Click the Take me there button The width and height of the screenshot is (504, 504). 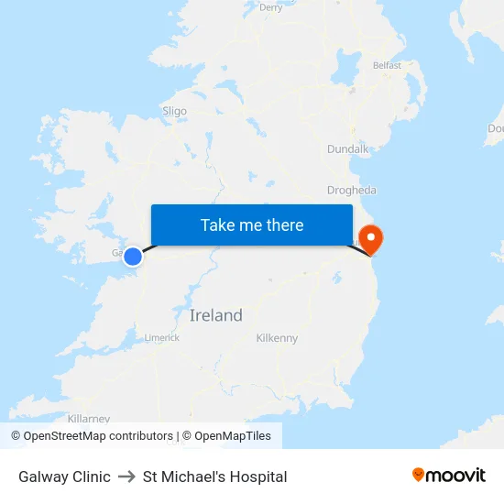pos(252,225)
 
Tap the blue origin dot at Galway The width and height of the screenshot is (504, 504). pos(133,257)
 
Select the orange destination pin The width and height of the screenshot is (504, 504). pos(372,238)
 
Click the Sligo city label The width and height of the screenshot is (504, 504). pos(174,112)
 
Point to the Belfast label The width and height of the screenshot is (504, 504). pos(387,65)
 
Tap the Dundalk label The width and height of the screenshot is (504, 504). pos(347,148)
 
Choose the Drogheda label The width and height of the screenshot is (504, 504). pos(352,191)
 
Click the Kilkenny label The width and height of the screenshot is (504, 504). pos(277,338)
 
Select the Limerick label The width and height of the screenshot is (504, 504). pos(162,338)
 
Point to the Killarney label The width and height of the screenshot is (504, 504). pos(88,418)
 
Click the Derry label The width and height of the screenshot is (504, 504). pos(270,7)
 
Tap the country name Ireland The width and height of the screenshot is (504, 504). pos(216,315)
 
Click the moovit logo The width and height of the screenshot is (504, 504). pos(449,476)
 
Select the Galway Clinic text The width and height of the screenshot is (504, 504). pos(64,477)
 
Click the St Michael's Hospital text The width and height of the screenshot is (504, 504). pos(214,477)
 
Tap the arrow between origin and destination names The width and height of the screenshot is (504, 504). pos(126,477)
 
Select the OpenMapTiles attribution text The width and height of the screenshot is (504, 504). pos(233,436)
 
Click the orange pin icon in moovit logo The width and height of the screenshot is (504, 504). pos(419,475)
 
